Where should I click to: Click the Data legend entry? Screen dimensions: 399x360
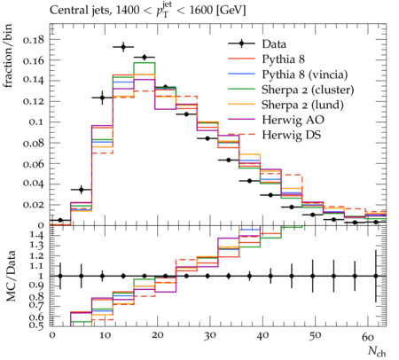point(274,44)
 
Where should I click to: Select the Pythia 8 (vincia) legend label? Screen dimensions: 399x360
point(305,74)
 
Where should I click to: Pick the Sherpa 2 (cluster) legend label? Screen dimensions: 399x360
point(308,90)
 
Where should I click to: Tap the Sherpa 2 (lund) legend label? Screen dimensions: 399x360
point(302,105)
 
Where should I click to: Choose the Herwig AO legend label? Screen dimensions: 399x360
point(293,120)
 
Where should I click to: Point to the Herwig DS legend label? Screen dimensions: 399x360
point(292,135)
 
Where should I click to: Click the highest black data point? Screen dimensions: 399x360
point(123,47)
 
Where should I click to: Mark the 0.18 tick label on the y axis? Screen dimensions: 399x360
point(34,40)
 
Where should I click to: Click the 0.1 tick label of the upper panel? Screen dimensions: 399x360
point(36,121)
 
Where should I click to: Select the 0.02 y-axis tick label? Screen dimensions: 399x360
point(34,205)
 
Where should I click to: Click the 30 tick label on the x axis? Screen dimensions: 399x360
point(209,336)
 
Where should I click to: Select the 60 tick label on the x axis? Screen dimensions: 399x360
point(368,336)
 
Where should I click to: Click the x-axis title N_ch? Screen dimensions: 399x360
point(377,352)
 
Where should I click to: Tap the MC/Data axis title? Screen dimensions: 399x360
point(12,276)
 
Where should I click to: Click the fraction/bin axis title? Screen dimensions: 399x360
point(8,55)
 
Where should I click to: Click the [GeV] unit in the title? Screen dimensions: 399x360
point(231,11)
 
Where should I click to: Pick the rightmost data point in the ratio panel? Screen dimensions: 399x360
point(376,276)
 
